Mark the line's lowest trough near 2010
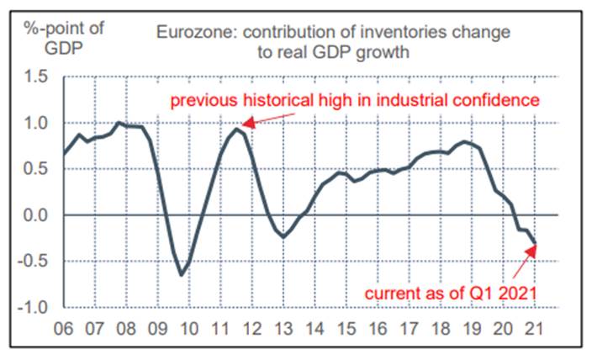tap(181, 274)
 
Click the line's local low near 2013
tap(283, 236)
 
